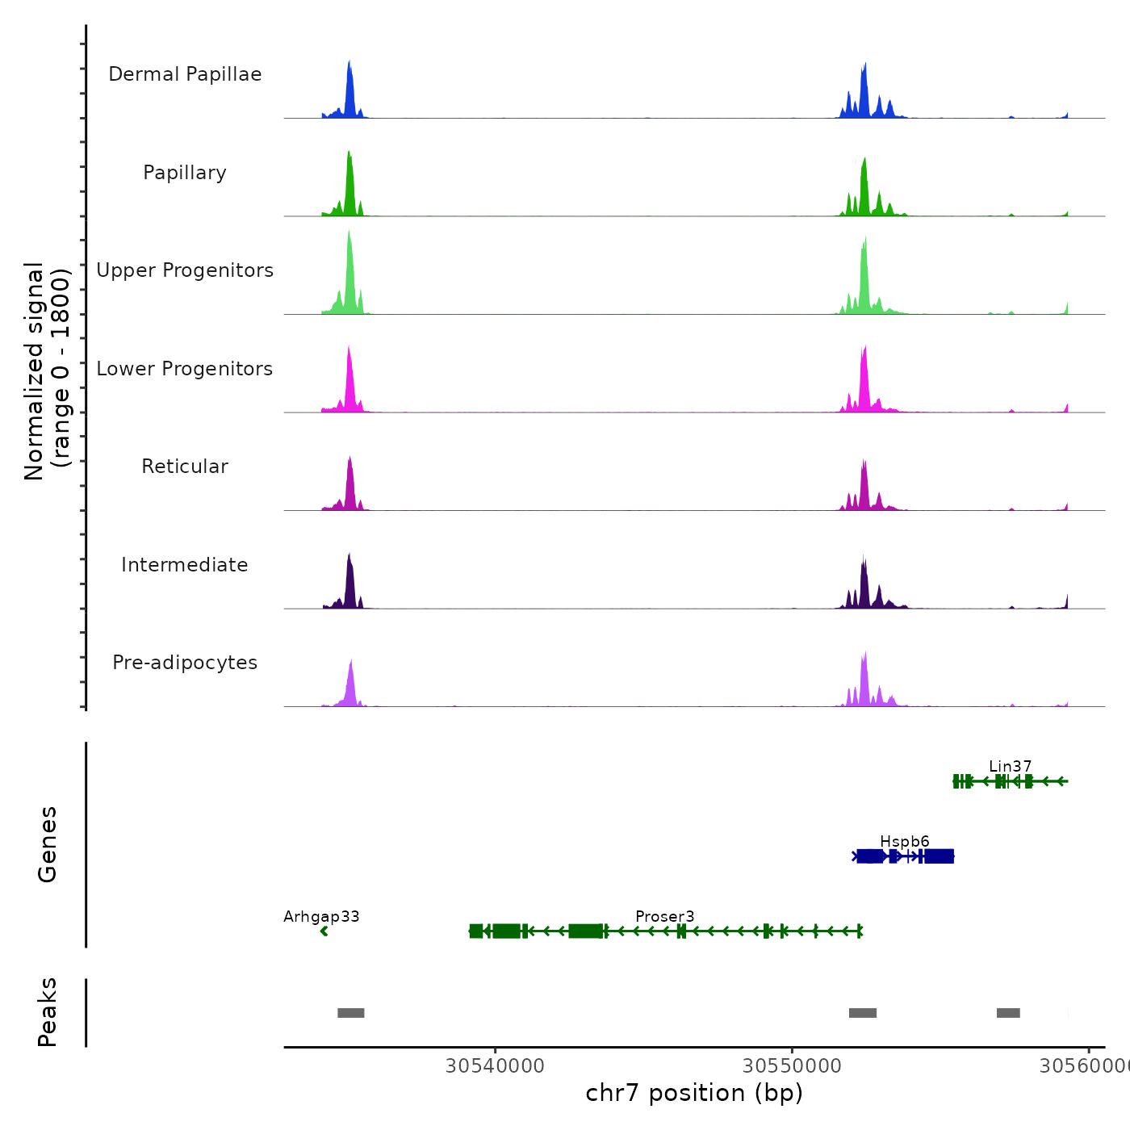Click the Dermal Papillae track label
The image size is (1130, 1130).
pyautogui.click(x=185, y=74)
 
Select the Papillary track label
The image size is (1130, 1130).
pyautogui.click(x=185, y=173)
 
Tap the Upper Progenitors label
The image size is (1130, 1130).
pyautogui.click(x=185, y=270)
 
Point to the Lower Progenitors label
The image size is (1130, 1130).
pyautogui.click(x=185, y=369)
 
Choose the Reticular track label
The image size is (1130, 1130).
pyautogui.click(x=185, y=467)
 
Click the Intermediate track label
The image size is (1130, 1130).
pyautogui.click(x=185, y=565)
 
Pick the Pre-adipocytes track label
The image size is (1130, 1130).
pyautogui.click(x=185, y=663)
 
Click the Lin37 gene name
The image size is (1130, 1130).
pyautogui.click(x=1010, y=766)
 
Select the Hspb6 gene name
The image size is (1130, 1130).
pyautogui.click(x=904, y=841)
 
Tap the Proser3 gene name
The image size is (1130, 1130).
pyautogui.click(x=664, y=916)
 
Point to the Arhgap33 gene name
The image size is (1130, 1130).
pyautogui.click(x=321, y=916)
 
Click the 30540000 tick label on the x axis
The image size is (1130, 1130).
pyautogui.click(x=495, y=1065)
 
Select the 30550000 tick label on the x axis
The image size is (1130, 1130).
pyautogui.click(x=792, y=1065)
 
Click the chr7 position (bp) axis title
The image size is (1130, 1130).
pyautogui.click(x=694, y=1093)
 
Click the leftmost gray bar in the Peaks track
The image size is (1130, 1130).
pyautogui.click(x=351, y=1013)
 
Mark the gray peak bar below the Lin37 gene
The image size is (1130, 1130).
pyautogui.click(x=1008, y=1013)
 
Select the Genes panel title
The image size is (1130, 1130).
pyautogui.click(x=48, y=844)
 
